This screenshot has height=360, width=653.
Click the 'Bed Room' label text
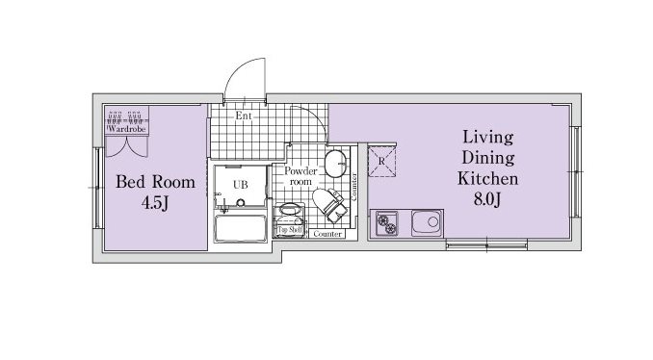point(155,182)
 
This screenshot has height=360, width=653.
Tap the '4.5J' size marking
point(155,203)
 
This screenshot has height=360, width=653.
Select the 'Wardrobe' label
point(126,129)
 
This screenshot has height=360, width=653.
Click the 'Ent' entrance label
point(244,116)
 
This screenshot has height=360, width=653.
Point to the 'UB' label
point(240,185)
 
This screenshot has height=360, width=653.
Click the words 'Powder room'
point(300,176)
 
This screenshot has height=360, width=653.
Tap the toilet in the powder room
point(329,204)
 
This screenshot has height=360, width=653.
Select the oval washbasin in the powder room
point(335,164)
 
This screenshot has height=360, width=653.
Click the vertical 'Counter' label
point(354,187)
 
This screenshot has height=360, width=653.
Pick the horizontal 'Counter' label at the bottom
point(327,234)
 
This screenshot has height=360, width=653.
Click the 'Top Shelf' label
point(290,230)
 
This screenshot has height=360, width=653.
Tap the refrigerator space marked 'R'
point(382,161)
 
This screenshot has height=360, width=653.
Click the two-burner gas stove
point(386,223)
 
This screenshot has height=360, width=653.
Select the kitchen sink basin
point(427,222)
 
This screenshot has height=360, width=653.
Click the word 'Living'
point(487,137)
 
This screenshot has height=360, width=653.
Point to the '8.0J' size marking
point(486,199)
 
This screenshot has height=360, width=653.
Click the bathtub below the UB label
point(240,228)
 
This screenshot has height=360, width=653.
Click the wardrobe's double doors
point(126,146)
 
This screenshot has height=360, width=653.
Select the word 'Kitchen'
point(487,178)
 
